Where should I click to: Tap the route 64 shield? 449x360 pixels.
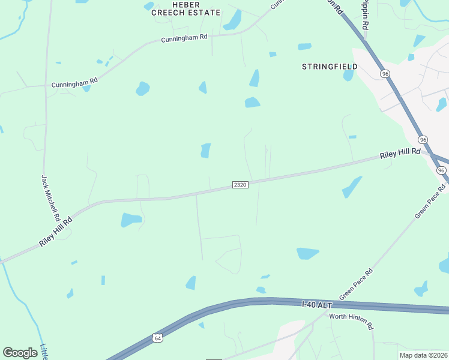click(157, 338)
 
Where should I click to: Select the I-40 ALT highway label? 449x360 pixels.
click(316, 305)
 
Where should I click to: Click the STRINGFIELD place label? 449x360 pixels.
click(330, 67)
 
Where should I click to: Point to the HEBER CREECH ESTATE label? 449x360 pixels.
click(185, 8)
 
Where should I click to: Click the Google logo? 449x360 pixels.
click(20, 353)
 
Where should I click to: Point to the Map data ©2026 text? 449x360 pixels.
click(424, 355)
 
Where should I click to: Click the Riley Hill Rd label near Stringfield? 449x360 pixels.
click(400, 154)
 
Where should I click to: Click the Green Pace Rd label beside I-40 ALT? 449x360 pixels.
click(356, 284)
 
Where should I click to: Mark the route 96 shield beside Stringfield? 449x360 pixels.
click(385, 73)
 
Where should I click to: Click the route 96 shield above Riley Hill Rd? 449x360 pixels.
click(423, 139)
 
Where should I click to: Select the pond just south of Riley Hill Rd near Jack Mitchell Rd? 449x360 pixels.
click(131, 220)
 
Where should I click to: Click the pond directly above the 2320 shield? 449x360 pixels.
click(206, 150)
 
